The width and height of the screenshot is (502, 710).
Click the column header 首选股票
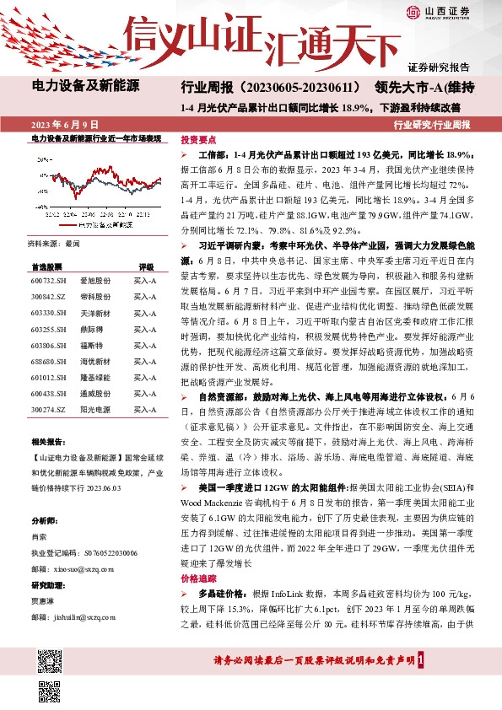click(46, 265)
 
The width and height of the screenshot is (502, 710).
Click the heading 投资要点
click(199, 140)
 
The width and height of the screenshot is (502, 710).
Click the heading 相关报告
click(47, 442)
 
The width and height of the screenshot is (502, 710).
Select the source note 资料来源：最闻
click(54, 243)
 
